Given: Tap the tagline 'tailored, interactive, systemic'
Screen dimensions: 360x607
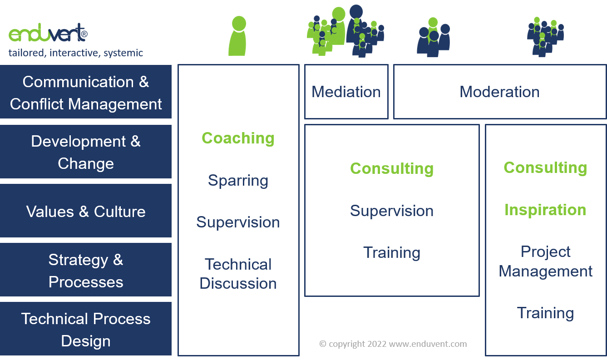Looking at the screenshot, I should pyautogui.click(x=76, y=53).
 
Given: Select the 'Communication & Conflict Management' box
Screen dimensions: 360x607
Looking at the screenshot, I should pyautogui.click(x=86, y=93).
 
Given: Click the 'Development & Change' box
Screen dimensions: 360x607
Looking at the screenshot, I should pyautogui.click(x=86, y=152).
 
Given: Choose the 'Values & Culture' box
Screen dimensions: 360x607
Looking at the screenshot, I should pyautogui.click(x=86, y=211).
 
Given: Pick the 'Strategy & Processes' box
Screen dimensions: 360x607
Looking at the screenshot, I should pyautogui.click(x=86, y=271).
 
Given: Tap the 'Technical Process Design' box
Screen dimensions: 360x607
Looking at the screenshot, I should pyautogui.click(x=86, y=330).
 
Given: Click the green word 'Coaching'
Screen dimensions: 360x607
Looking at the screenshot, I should pyautogui.click(x=238, y=138).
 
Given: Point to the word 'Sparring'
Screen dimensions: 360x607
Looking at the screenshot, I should pyautogui.click(x=238, y=180).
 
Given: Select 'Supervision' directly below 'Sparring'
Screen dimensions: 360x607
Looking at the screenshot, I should pyautogui.click(x=238, y=222).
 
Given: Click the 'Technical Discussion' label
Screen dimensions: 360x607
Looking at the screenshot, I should pyautogui.click(x=238, y=274).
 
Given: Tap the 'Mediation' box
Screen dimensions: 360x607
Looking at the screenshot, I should pyautogui.click(x=346, y=92).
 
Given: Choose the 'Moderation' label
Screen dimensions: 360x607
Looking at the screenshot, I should pyautogui.click(x=499, y=92).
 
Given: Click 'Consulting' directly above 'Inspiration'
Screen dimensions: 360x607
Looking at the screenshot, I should pyautogui.click(x=545, y=168).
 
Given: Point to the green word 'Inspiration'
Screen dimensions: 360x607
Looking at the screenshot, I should pyautogui.click(x=545, y=210).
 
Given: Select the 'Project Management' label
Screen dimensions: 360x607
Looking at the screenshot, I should pyautogui.click(x=545, y=261).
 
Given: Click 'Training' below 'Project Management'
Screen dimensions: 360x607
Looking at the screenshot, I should pyautogui.click(x=545, y=313).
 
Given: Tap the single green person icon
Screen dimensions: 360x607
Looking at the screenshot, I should pyautogui.click(x=238, y=36).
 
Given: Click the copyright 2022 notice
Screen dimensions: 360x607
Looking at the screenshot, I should pyautogui.click(x=393, y=344).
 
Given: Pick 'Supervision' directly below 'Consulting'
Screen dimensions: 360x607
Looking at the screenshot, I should pyautogui.click(x=392, y=211).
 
